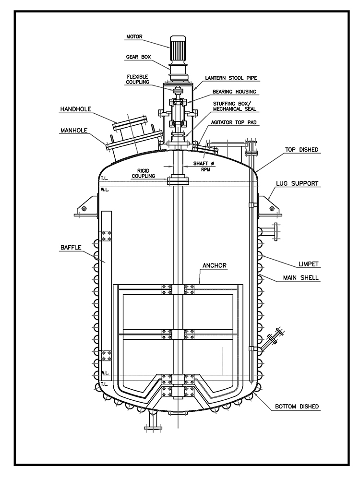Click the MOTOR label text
(x=134, y=36)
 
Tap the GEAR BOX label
(x=139, y=56)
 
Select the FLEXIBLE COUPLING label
(x=138, y=79)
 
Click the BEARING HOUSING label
(x=235, y=91)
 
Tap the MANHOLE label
(x=75, y=130)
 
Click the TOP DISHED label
(x=302, y=150)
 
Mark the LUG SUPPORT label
(x=298, y=183)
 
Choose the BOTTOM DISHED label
(x=297, y=406)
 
